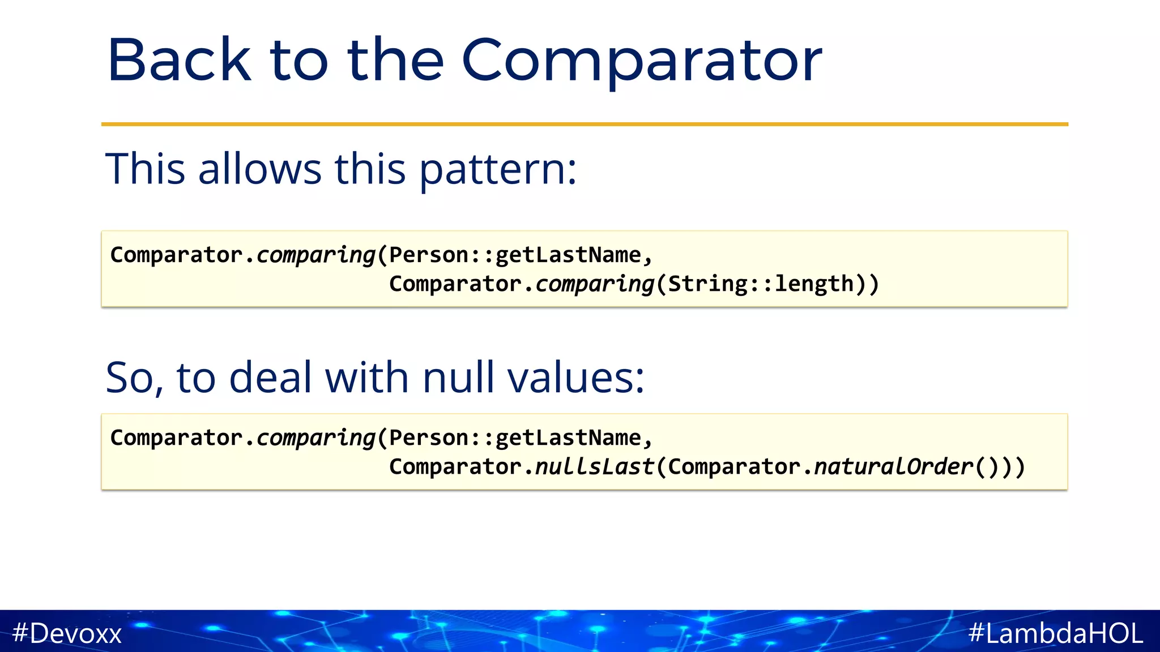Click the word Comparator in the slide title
[641, 61]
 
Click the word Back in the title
[178, 61]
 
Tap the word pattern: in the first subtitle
[498, 169]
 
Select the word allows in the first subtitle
[260, 169]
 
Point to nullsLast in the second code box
[594, 467]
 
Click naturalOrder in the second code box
[893, 467]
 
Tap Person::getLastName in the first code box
[515, 255]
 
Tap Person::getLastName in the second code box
[515, 438]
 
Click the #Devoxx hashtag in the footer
[67, 633]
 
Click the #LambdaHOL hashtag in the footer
[1056, 633]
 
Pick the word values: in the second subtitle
[575, 378]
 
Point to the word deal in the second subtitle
[270, 378]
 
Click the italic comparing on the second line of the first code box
[594, 284]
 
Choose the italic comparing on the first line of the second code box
[315, 438]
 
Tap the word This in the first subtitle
[146, 169]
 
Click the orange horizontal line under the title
[585, 124]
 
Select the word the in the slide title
[395, 61]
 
